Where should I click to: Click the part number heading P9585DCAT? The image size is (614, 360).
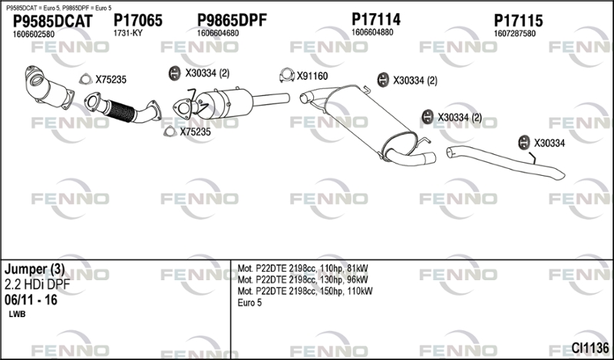[52, 21]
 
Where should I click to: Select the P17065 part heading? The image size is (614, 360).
[138, 21]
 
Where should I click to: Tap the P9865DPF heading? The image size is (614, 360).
[232, 20]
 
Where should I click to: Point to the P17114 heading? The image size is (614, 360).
[376, 19]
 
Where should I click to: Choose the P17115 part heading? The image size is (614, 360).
[519, 21]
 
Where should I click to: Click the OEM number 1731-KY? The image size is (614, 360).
[127, 33]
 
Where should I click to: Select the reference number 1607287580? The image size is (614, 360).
[514, 34]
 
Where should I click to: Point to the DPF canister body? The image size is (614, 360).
[224, 104]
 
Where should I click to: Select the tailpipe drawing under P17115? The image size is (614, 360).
[505, 162]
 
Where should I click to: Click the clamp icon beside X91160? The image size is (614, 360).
[286, 75]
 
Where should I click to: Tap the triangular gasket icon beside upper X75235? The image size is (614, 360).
[85, 79]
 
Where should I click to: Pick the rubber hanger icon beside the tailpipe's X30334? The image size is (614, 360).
[523, 143]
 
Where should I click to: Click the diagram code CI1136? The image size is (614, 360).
[590, 348]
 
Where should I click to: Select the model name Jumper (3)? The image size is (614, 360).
[35, 269]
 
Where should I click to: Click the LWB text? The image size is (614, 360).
[17, 314]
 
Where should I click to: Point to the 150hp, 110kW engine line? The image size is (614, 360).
[305, 291]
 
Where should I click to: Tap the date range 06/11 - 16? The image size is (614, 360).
[31, 300]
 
